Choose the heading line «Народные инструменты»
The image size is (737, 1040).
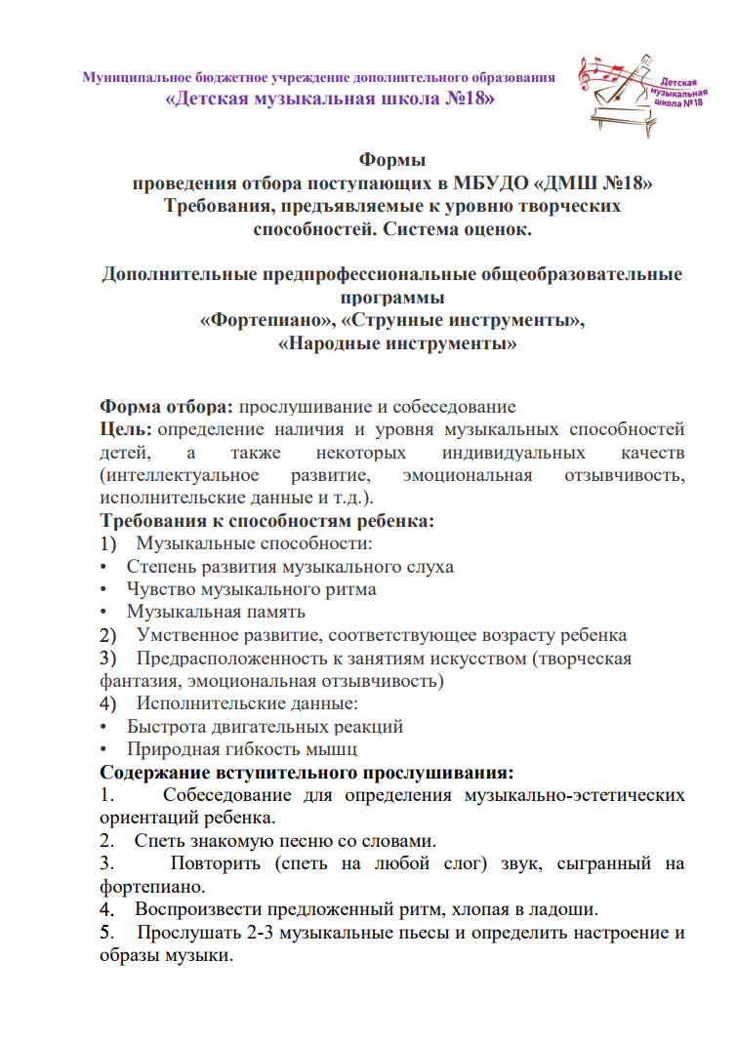(x=397, y=343)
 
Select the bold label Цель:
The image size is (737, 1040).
(x=126, y=429)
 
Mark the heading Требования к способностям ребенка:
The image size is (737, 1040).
(x=266, y=520)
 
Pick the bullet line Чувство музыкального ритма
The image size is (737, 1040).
(x=251, y=589)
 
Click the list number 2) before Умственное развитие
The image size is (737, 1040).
(x=107, y=635)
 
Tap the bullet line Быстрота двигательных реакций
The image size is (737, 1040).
(x=265, y=727)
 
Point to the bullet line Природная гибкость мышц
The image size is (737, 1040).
(x=242, y=749)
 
